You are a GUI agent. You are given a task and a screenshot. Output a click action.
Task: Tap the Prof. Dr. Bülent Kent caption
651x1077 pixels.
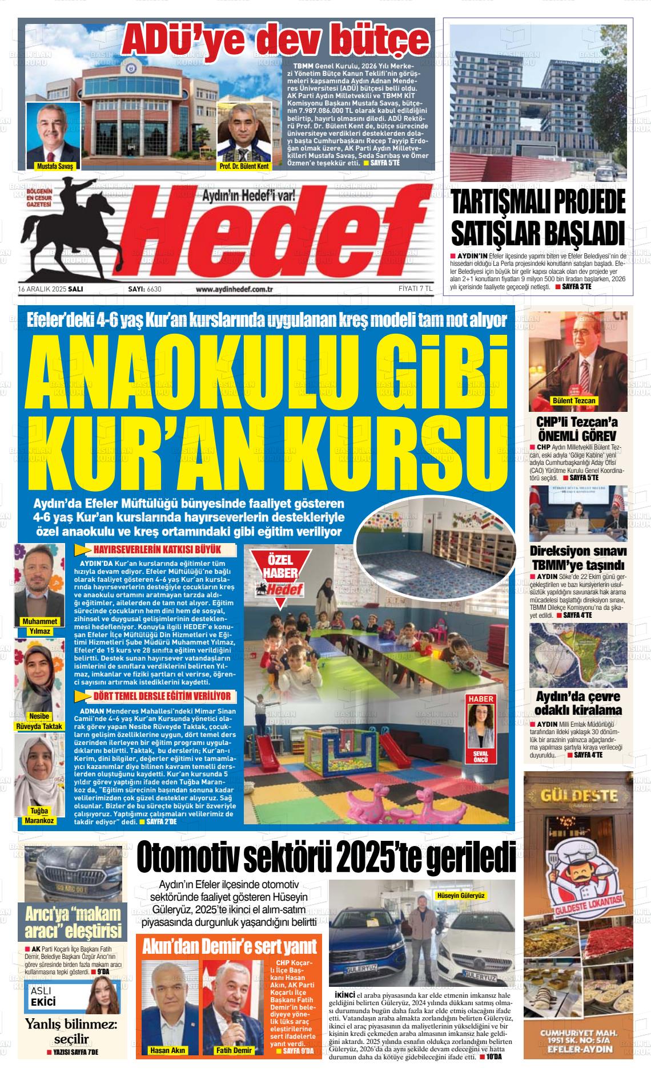[243, 166]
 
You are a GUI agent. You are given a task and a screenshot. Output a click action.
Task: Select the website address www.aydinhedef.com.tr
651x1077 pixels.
[234, 289]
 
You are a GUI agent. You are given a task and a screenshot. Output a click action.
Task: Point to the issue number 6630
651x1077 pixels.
[154, 289]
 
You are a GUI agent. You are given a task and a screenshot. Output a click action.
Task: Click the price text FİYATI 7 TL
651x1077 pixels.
[415, 289]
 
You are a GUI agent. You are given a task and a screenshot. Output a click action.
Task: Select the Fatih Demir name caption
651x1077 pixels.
[234, 1050]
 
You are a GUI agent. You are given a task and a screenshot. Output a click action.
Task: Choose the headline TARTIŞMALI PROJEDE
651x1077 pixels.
[539, 202]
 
